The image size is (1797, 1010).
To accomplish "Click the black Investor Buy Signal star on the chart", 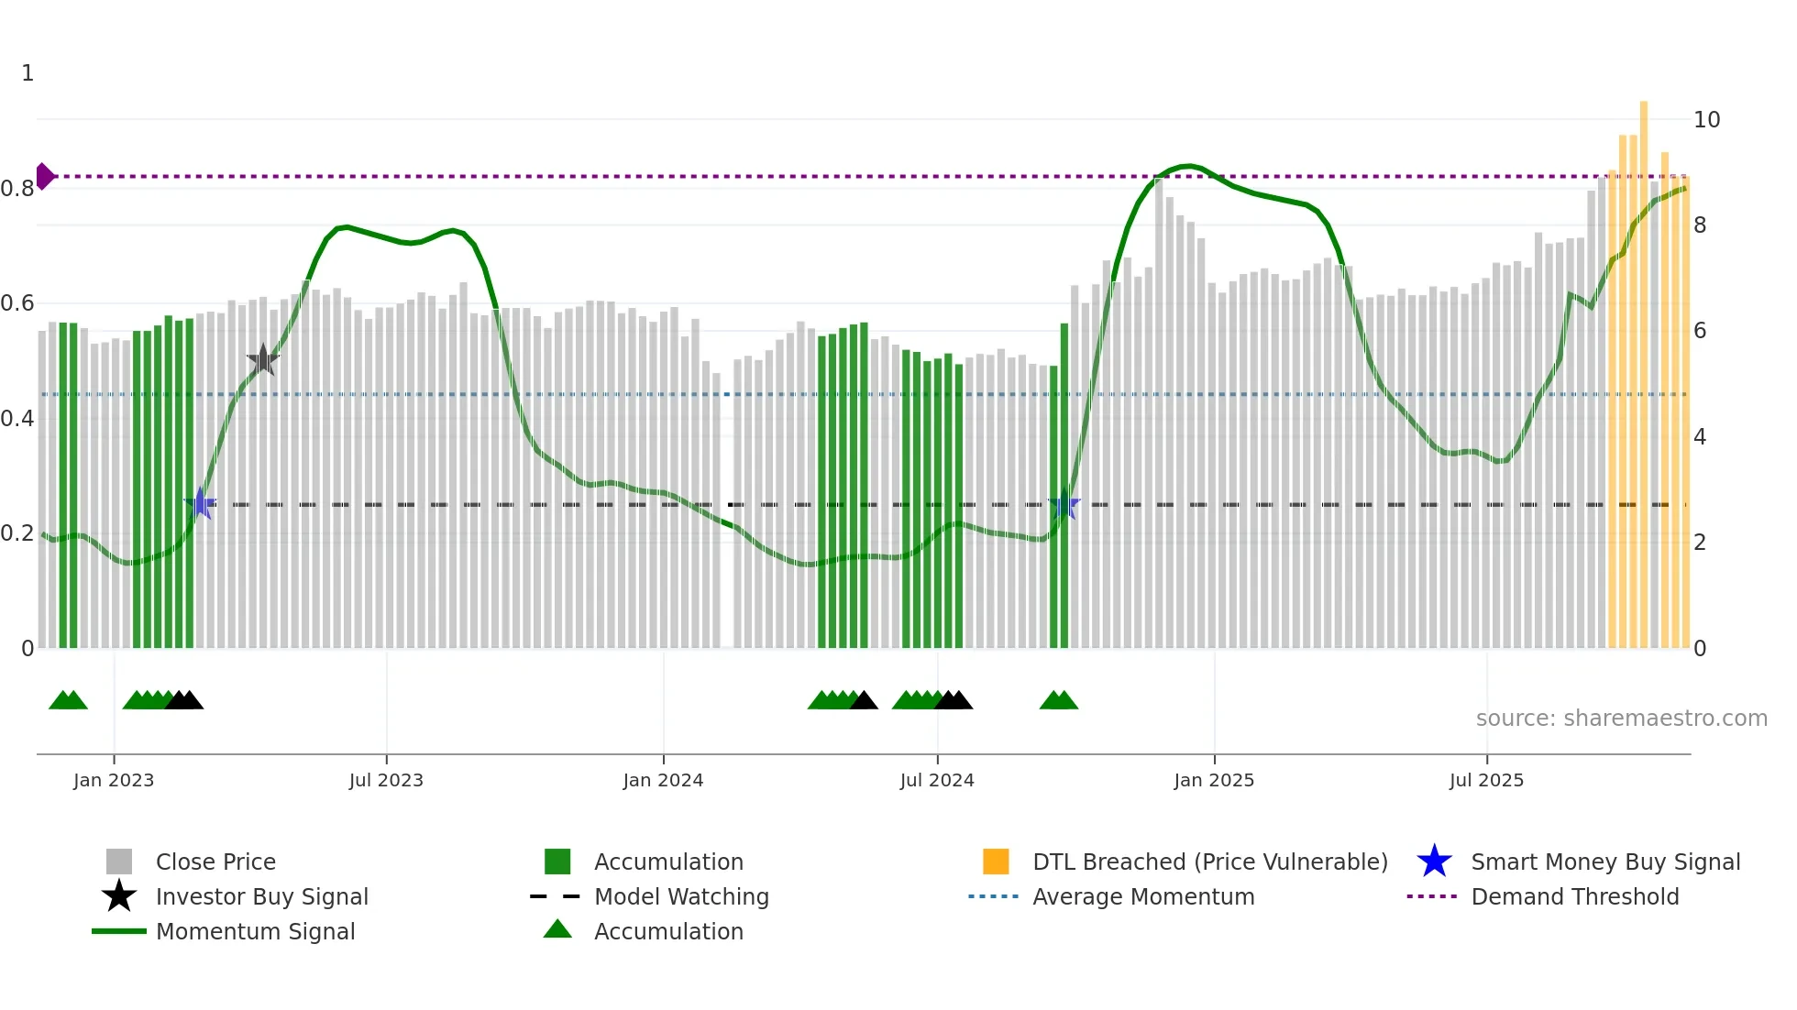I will click(263, 359).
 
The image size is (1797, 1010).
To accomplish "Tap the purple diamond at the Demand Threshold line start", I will click(44, 176).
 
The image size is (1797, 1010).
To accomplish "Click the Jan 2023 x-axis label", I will click(114, 780).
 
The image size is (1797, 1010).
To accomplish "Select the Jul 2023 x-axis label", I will click(386, 780).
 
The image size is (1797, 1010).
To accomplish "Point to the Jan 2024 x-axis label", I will click(663, 780).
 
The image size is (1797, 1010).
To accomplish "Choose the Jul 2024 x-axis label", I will click(937, 780).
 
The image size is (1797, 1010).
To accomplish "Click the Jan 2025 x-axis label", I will click(1214, 780).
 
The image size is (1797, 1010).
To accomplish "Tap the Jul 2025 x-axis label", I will click(1486, 780).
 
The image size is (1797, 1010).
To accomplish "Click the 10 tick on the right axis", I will click(1706, 120).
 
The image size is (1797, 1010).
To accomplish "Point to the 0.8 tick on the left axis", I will click(17, 189).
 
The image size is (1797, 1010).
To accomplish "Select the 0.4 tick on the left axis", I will click(17, 419).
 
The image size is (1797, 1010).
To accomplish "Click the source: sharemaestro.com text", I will click(1621, 719).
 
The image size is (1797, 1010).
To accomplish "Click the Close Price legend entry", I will click(215, 862).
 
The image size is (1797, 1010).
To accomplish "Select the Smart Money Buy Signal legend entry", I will click(1604, 862).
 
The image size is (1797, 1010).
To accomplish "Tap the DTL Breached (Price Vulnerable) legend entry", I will click(1209, 862).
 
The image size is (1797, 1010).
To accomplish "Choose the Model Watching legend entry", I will click(681, 896).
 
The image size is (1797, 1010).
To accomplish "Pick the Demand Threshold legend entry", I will click(1574, 896).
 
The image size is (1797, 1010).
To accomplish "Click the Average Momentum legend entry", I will click(1143, 896).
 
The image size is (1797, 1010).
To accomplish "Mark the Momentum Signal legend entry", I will click(255, 931).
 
